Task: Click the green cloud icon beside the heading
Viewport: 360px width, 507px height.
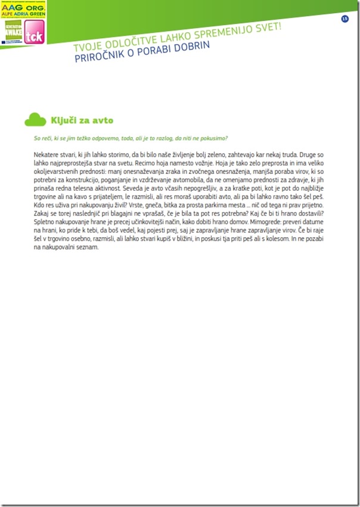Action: (x=35, y=120)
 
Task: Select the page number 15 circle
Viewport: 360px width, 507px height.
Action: (x=345, y=19)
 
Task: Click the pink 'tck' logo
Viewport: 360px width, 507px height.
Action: (x=32, y=37)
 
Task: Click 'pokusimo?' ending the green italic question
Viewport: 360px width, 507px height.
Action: (x=213, y=139)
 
